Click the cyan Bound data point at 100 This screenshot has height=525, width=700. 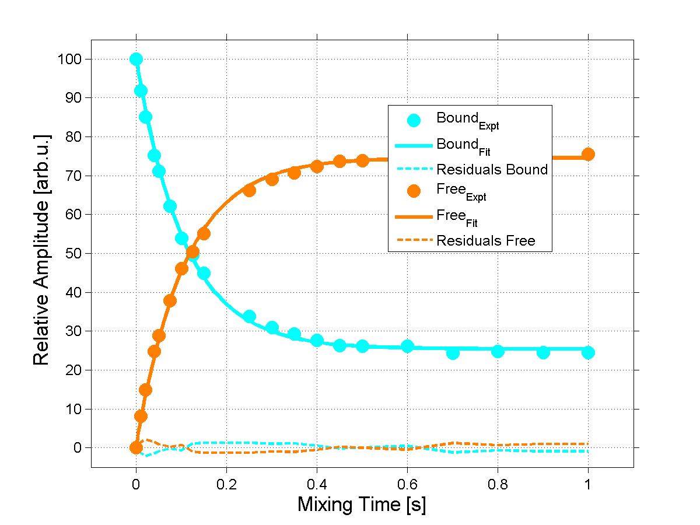point(136,59)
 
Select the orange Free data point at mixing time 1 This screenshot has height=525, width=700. point(588,154)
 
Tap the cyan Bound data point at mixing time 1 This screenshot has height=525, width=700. point(588,352)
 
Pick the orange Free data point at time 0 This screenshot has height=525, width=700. point(136,447)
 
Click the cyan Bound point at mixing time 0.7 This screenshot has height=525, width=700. point(453,353)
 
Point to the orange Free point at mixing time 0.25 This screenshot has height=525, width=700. point(249,190)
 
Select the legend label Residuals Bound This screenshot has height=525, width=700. point(492,170)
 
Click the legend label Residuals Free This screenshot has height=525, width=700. point(485,240)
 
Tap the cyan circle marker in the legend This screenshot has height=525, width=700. point(414,121)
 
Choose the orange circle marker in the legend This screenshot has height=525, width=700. point(414,192)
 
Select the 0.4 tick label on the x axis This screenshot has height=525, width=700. point(317,484)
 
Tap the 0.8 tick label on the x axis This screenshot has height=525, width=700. point(498,484)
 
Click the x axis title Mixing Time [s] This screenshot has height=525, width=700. point(362,505)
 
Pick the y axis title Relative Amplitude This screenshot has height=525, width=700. point(41,250)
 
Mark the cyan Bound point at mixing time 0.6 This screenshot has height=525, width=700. point(407,346)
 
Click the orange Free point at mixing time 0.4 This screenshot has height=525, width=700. point(317,166)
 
